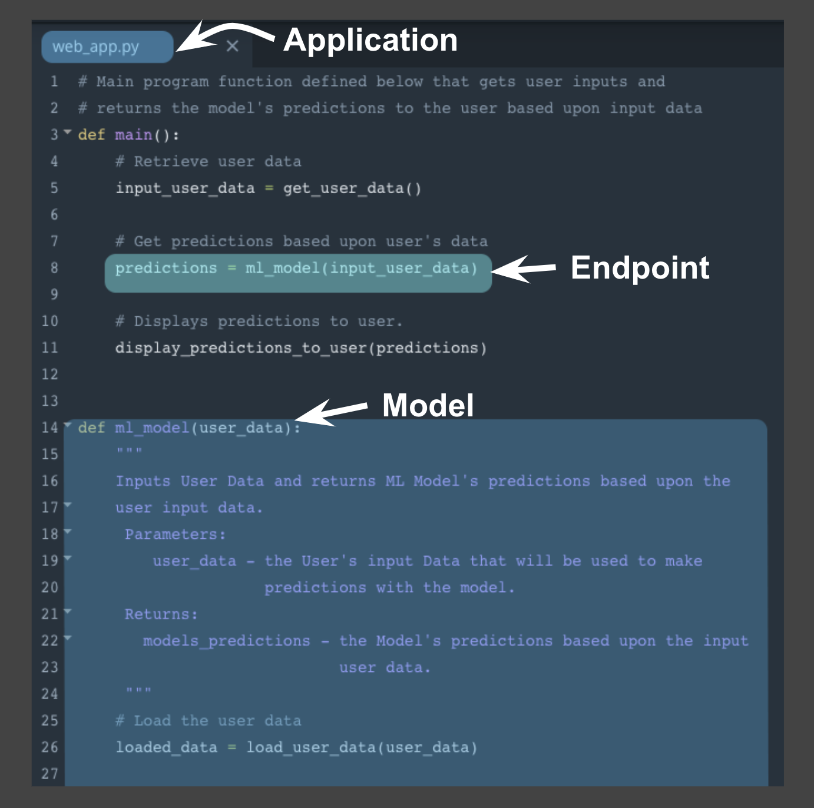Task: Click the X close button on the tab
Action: coord(233,46)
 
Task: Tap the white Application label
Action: coord(370,40)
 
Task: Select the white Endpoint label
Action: coord(640,267)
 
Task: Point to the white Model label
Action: coord(428,405)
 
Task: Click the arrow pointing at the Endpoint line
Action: coord(523,269)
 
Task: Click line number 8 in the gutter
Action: coord(54,268)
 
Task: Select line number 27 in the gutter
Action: coord(50,774)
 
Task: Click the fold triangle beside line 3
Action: coord(67,132)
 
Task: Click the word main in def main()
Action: coord(134,135)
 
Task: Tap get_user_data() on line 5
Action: coord(352,188)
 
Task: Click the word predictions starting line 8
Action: coord(166,268)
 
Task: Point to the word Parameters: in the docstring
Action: coord(175,535)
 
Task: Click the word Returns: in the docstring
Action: coord(161,614)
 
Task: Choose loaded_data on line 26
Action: coord(166,747)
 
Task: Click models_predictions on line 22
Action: coord(226,641)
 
